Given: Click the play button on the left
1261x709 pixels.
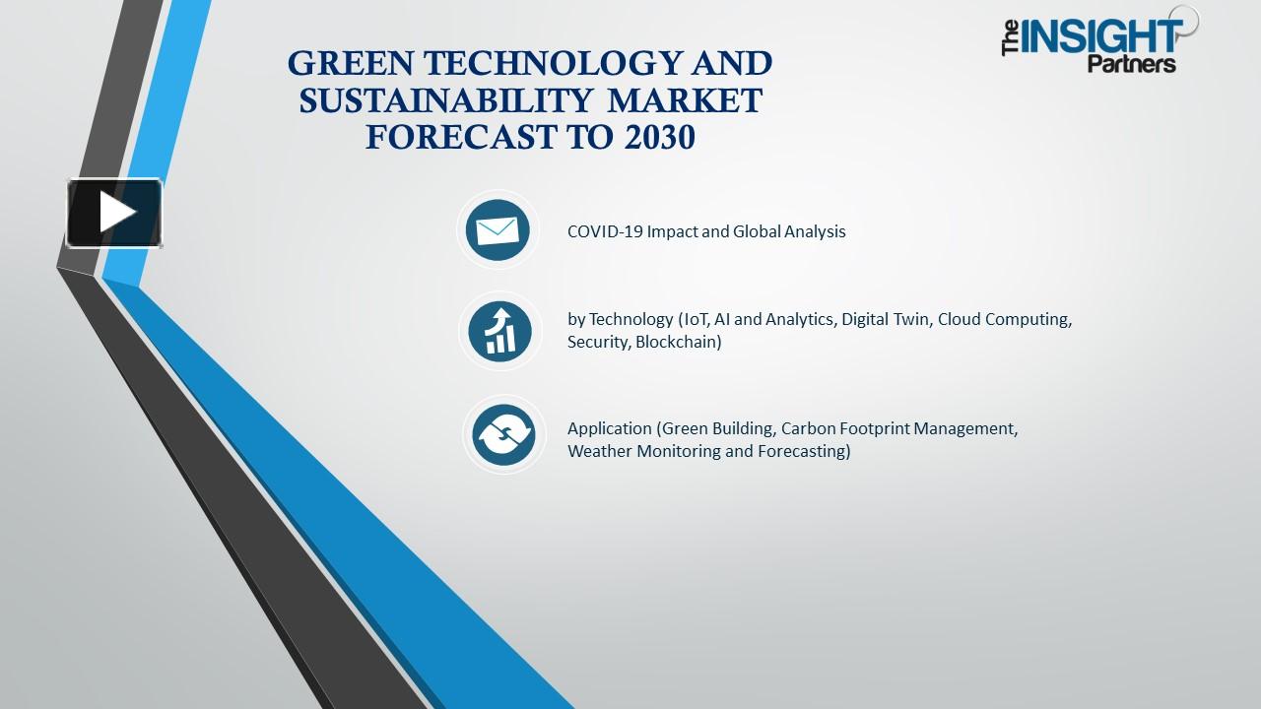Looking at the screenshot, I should coord(114,213).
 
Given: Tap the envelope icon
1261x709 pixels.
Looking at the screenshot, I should coord(498,230).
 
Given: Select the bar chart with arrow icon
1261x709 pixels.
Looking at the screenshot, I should coord(500,331).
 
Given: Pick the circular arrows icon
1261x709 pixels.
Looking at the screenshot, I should coord(503,434).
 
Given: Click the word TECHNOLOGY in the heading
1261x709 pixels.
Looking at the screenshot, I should coord(537,63).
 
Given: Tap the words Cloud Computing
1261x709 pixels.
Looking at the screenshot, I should coord(1004,320).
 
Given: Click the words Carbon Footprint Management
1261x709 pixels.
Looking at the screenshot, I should coord(898,429).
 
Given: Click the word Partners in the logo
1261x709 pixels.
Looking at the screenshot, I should coord(1132,65).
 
